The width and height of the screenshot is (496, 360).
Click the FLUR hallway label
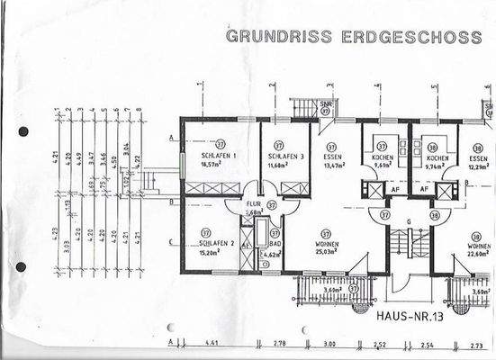point(253,204)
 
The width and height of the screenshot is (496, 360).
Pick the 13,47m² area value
point(332,166)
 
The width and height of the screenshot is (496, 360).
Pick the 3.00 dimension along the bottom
point(329,343)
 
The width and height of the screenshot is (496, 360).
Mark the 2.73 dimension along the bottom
point(477,343)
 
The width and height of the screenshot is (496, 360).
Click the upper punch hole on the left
point(23,131)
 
